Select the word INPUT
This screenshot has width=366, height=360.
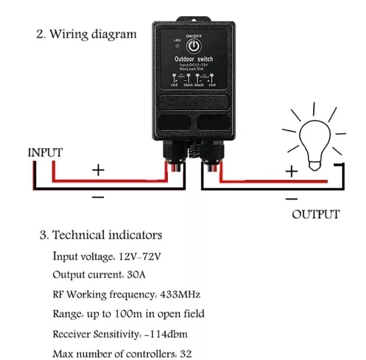[45, 153]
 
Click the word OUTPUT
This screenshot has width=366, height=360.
[315, 214]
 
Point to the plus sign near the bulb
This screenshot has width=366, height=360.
[291, 171]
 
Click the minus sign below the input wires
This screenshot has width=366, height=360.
[98, 197]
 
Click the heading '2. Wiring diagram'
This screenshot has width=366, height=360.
[86, 35]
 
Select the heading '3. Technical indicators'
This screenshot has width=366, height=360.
[101, 235]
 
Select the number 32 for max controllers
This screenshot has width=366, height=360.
[185, 354]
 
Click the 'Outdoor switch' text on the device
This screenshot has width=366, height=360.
[193, 59]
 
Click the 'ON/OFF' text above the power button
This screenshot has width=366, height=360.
[193, 35]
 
